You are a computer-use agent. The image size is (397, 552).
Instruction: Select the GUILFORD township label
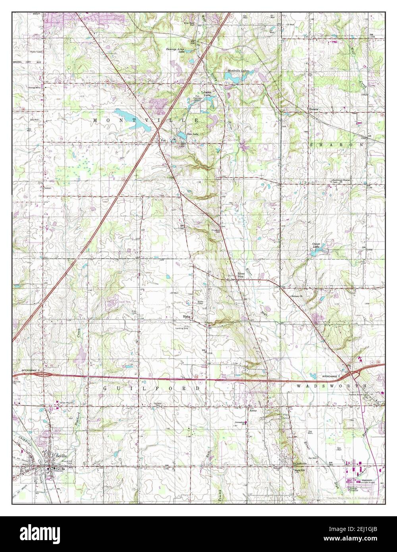[x=151, y=388]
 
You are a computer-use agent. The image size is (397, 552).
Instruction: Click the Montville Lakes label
[x=238, y=71]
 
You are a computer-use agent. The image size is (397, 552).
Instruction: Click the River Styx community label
[x=241, y=275]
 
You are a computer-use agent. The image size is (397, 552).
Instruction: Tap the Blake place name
[x=187, y=317]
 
